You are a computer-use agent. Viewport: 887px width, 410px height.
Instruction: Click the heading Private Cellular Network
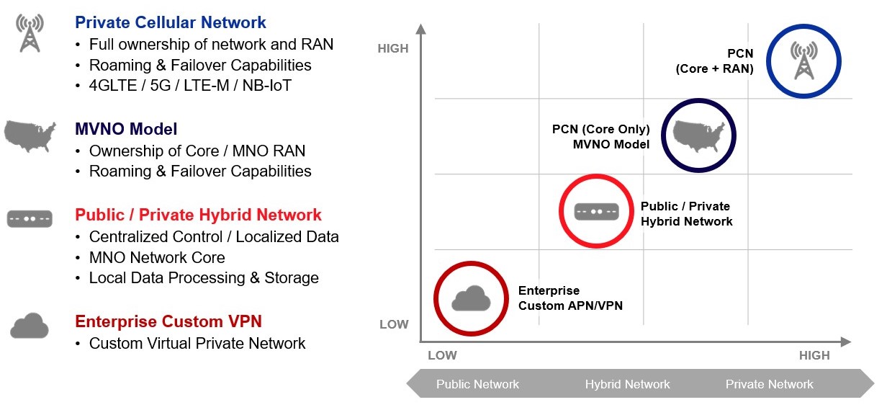tap(171, 22)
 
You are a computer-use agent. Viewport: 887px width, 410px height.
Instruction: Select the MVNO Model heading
tap(126, 129)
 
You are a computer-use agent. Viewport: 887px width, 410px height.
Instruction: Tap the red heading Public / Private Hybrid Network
tap(198, 215)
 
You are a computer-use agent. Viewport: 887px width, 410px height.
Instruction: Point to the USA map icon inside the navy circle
tap(698, 135)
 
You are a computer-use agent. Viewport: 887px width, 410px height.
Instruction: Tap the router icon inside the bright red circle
tap(596, 211)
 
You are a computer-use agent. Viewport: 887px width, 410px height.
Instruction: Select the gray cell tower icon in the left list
tap(30, 33)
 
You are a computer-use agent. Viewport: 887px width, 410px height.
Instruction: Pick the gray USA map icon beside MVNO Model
tap(30, 136)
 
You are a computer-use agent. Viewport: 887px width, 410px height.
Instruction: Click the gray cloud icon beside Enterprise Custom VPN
tap(30, 326)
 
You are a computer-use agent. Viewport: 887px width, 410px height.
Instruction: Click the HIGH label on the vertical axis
tap(393, 49)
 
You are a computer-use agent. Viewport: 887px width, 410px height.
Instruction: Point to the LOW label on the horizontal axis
tap(442, 355)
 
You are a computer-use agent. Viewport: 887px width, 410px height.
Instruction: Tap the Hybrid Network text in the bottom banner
tap(627, 384)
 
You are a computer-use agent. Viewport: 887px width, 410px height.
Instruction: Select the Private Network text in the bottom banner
tap(769, 384)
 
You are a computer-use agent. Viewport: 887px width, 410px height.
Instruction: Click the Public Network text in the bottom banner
tap(477, 384)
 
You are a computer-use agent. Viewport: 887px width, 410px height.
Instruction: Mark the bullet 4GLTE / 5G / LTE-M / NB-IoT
tap(190, 85)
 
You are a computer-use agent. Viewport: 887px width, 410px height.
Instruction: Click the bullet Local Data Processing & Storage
tap(204, 277)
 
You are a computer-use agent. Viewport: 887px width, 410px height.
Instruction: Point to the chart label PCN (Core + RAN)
tap(714, 61)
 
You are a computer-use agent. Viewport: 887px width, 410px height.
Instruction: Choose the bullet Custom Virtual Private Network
tap(197, 343)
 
